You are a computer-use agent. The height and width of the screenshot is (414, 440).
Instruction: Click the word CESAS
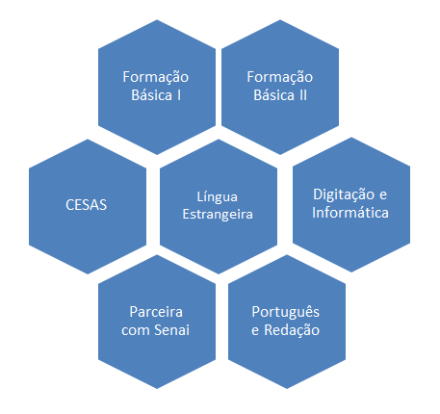tap(86, 205)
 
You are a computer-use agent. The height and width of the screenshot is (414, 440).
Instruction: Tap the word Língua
tap(218, 197)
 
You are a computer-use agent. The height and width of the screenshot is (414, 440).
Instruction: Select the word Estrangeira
tap(218, 214)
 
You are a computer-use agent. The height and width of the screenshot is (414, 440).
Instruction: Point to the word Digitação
tap(343, 194)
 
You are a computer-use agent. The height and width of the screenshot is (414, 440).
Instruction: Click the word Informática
tap(350, 213)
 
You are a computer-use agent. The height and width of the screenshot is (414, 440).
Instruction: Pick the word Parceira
tap(156, 312)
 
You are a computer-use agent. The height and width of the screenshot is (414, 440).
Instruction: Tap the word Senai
tap(172, 330)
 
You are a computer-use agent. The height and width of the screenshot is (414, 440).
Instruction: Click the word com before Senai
tap(136, 330)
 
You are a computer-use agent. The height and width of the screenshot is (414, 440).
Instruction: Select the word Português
tap(286, 312)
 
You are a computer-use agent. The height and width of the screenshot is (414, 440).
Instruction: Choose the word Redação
tap(292, 330)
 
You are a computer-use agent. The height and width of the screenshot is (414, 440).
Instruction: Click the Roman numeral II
tap(303, 95)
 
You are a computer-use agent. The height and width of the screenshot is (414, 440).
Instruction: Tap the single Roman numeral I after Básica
tap(179, 95)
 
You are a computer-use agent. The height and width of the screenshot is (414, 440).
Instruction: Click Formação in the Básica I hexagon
tap(156, 77)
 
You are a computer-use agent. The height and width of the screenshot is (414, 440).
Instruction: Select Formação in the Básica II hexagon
tap(280, 77)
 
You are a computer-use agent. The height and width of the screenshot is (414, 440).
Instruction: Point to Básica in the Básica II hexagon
tap(274, 95)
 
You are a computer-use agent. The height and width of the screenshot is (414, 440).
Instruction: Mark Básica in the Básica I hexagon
tap(152, 95)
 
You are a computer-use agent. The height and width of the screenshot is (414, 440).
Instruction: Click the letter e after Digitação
tap(383, 195)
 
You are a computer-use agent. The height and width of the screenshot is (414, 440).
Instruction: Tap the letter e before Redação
tap(255, 330)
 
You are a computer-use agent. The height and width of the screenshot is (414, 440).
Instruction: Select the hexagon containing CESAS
tap(88, 206)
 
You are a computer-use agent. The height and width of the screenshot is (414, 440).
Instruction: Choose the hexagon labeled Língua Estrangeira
tap(219, 206)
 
